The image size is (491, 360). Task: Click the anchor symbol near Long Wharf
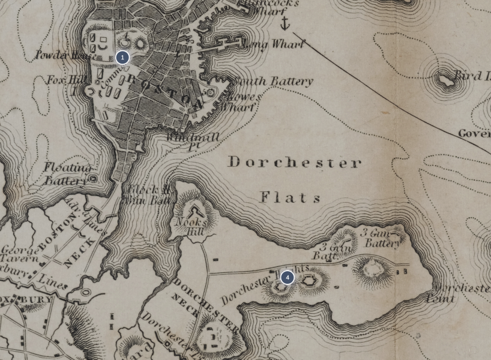pyautogui.click(x=285, y=23)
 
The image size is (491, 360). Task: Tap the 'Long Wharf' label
pyautogui.click(x=273, y=44)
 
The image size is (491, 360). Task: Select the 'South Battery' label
pyautogui.click(x=274, y=81)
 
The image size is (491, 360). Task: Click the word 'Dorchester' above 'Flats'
pyautogui.click(x=294, y=163)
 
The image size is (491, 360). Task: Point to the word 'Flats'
pyautogui.click(x=291, y=197)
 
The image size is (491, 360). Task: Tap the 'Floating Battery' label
pyautogui.click(x=67, y=173)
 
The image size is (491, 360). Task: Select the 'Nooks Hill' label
pyautogui.click(x=190, y=226)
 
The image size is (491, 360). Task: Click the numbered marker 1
pyautogui.click(x=122, y=58)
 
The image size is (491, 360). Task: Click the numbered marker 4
pyautogui.click(x=288, y=277)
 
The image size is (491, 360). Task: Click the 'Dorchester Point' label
pyautogui.click(x=459, y=293)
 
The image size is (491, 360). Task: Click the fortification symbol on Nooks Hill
pyautogui.click(x=195, y=211)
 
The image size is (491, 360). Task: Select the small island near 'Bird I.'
pyautogui.click(x=445, y=79)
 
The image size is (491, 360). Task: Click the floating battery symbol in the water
pyautogui.click(x=93, y=179)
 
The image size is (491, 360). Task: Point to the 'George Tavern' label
pyautogui.click(x=20, y=254)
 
